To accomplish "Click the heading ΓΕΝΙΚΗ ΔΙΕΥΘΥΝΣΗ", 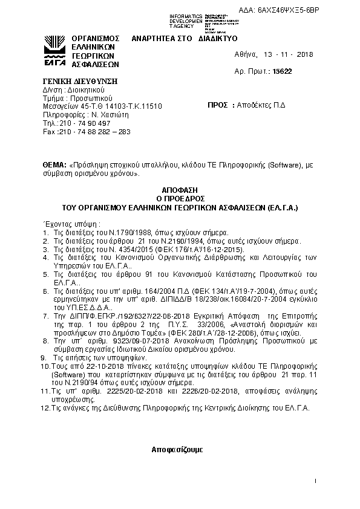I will (x=80, y=81).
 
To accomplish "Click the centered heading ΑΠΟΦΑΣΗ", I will (x=180, y=190).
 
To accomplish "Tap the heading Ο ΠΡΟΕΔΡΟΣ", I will (x=180, y=198).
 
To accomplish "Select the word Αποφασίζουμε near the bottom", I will (x=178, y=450).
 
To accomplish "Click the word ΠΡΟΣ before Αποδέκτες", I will (x=218, y=105).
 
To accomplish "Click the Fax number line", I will (x=85, y=131).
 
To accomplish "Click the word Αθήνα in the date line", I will (x=246, y=54).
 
